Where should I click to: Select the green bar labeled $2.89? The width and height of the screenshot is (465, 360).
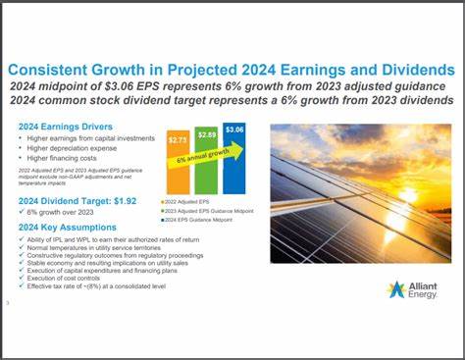(x=206, y=157)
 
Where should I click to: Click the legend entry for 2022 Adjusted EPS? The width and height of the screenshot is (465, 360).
(x=193, y=200)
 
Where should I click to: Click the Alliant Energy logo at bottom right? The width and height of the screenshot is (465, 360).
(x=412, y=289)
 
